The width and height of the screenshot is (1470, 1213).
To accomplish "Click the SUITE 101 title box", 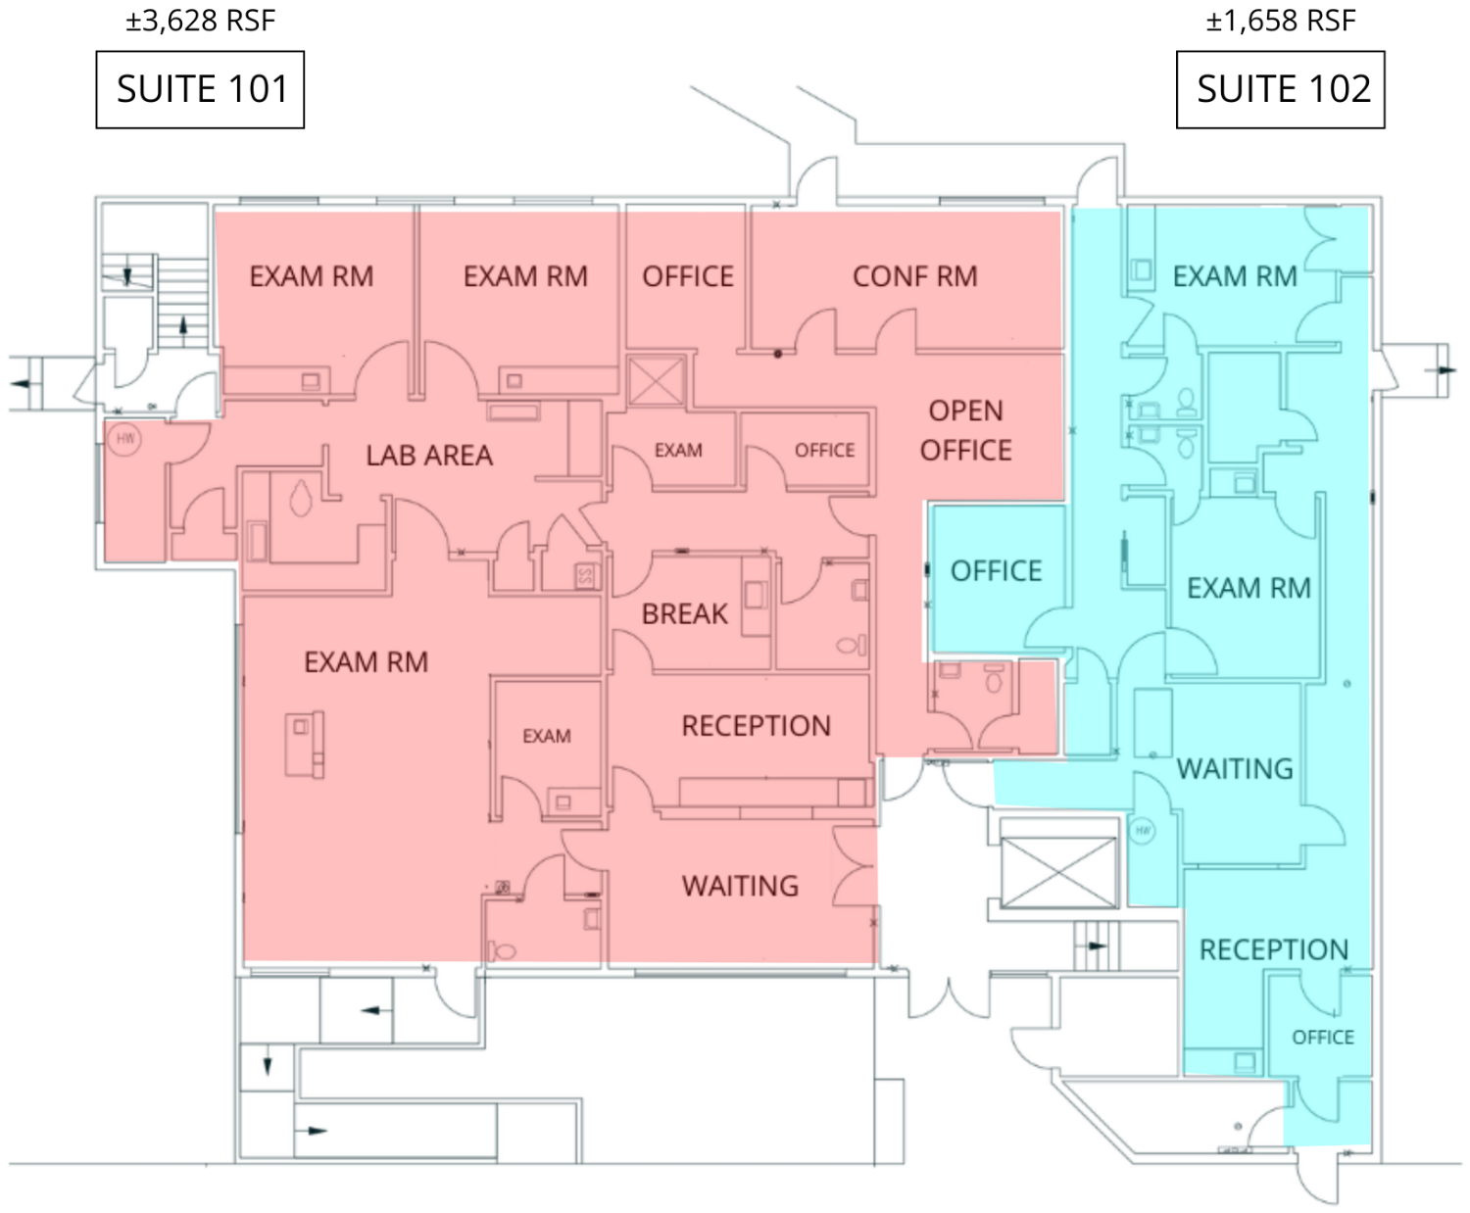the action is (200, 89).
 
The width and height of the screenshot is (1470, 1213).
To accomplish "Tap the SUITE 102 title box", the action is (1280, 89).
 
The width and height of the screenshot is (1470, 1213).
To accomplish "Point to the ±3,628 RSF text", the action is (200, 22).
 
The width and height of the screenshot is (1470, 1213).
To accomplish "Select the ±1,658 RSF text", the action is (1281, 22).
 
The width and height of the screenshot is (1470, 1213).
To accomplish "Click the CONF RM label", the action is (914, 276).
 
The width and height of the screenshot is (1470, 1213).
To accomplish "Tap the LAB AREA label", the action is (429, 456).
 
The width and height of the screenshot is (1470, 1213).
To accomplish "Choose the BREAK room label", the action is (684, 614).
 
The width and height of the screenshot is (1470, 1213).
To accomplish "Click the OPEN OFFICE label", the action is (966, 430).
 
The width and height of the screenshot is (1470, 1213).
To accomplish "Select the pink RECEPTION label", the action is (757, 726).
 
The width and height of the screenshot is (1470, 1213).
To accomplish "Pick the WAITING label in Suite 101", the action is (740, 886).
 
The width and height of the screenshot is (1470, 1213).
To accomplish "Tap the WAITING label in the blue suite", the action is (1235, 769).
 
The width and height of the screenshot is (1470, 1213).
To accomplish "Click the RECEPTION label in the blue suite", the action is (1274, 949).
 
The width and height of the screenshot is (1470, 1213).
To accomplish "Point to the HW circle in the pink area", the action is (124, 439).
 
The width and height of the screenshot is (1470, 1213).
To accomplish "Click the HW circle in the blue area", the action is (1142, 831).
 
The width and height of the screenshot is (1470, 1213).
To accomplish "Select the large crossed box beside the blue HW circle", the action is (1058, 873).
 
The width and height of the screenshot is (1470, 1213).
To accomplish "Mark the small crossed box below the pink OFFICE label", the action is (657, 381).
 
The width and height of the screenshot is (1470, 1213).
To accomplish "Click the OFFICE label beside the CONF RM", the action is (688, 276).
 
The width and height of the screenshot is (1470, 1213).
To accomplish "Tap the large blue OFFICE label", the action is (997, 571).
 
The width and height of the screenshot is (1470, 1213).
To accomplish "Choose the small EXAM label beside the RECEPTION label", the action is (546, 737).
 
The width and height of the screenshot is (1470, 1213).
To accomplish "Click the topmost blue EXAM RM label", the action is (1235, 276).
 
